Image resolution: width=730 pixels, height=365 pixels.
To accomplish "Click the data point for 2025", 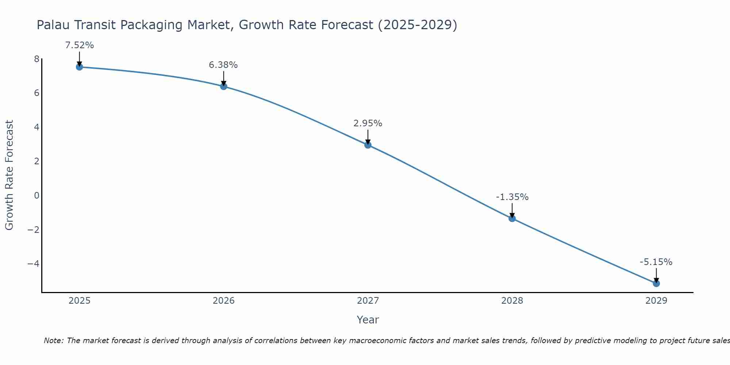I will (79, 67).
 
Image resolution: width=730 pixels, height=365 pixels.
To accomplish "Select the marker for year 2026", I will (224, 87).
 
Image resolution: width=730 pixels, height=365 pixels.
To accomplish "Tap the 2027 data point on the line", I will (368, 145).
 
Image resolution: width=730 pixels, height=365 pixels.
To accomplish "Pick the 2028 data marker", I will (512, 218).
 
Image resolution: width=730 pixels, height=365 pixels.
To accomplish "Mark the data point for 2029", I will (656, 283).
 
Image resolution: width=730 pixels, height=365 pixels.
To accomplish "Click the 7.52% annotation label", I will (80, 45).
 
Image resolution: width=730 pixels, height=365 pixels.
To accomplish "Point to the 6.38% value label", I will (223, 65).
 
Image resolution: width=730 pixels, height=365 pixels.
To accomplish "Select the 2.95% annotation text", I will (368, 123).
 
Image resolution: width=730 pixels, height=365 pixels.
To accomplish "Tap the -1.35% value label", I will (512, 197).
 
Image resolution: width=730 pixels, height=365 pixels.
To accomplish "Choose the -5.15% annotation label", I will (656, 262).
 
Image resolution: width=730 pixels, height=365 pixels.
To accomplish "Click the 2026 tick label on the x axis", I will (224, 301).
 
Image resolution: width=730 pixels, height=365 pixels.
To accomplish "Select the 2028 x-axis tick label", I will (512, 301).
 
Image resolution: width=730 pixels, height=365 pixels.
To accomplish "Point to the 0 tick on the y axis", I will (36, 196).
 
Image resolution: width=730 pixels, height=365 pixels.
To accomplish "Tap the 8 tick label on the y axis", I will (36, 59).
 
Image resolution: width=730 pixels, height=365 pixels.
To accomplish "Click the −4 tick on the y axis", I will (33, 264).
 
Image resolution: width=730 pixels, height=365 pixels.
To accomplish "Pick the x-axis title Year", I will (368, 320).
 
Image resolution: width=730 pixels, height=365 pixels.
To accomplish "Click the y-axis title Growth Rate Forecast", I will (9, 175).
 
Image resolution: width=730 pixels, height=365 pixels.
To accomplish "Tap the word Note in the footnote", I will (53, 341).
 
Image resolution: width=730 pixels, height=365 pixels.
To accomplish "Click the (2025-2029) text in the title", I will (418, 25).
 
